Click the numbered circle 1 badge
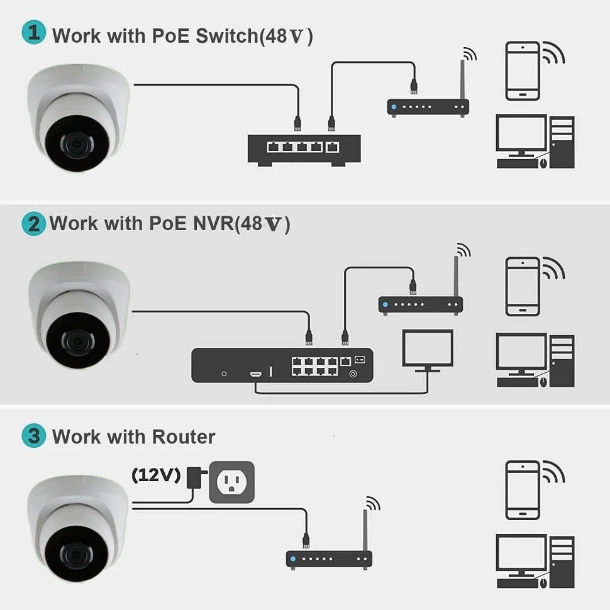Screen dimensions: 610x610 pyautogui.click(x=33, y=33)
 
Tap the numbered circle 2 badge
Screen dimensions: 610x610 pyautogui.click(x=33, y=224)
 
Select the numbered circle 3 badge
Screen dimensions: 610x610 pyautogui.click(x=33, y=436)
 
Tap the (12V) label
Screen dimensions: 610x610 pyautogui.click(x=156, y=475)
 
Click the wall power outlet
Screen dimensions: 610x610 pyautogui.click(x=232, y=483)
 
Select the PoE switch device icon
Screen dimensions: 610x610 pyautogui.click(x=304, y=150)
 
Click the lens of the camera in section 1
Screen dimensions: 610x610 pyautogui.click(x=73, y=143)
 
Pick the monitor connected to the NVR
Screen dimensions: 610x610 pyautogui.click(x=428, y=350)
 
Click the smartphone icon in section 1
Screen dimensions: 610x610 pyautogui.click(x=523, y=70)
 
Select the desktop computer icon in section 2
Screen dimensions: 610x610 pyautogui.click(x=535, y=359)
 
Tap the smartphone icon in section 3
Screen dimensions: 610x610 pyautogui.click(x=523, y=491)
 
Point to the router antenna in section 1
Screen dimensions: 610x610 pyautogui.click(x=462, y=79)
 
